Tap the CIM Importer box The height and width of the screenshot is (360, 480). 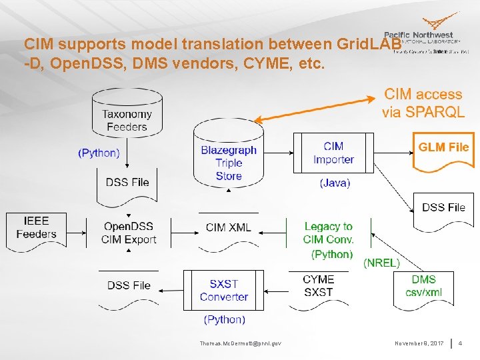click(x=333, y=153)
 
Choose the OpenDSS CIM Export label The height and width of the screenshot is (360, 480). click(x=130, y=233)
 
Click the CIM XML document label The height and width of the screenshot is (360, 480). click(x=229, y=228)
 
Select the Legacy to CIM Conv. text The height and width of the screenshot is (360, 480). click(x=328, y=233)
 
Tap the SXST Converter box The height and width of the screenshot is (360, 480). click(x=224, y=291)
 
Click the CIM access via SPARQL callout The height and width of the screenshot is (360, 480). click(x=423, y=103)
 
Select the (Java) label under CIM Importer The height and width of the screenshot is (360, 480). click(x=335, y=182)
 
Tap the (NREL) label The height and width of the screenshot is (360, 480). click(x=381, y=263)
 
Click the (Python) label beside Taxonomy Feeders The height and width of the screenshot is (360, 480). click(x=99, y=153)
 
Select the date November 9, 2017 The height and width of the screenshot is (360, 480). click(x=418, y=343)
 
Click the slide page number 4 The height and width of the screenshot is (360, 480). click(x=460, y=343)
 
